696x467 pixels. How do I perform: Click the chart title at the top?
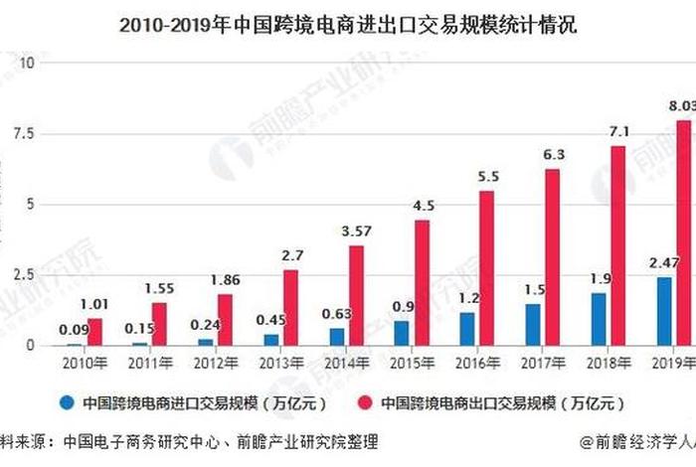tap(348, 23)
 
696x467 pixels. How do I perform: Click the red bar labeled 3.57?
tap(356, 295)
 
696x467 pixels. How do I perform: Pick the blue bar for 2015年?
tap(401, 333)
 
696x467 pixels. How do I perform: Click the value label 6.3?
tap(554, 154)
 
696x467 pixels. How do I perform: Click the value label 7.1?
tap(619, 131)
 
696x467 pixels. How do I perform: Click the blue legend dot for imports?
tap(68, 402)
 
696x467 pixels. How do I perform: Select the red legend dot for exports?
tap(365, 402)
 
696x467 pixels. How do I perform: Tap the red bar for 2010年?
tap(95, 332)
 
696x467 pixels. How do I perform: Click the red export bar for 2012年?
tap(226, 320)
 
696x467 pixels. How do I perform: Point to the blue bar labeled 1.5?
tap(534, 324)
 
